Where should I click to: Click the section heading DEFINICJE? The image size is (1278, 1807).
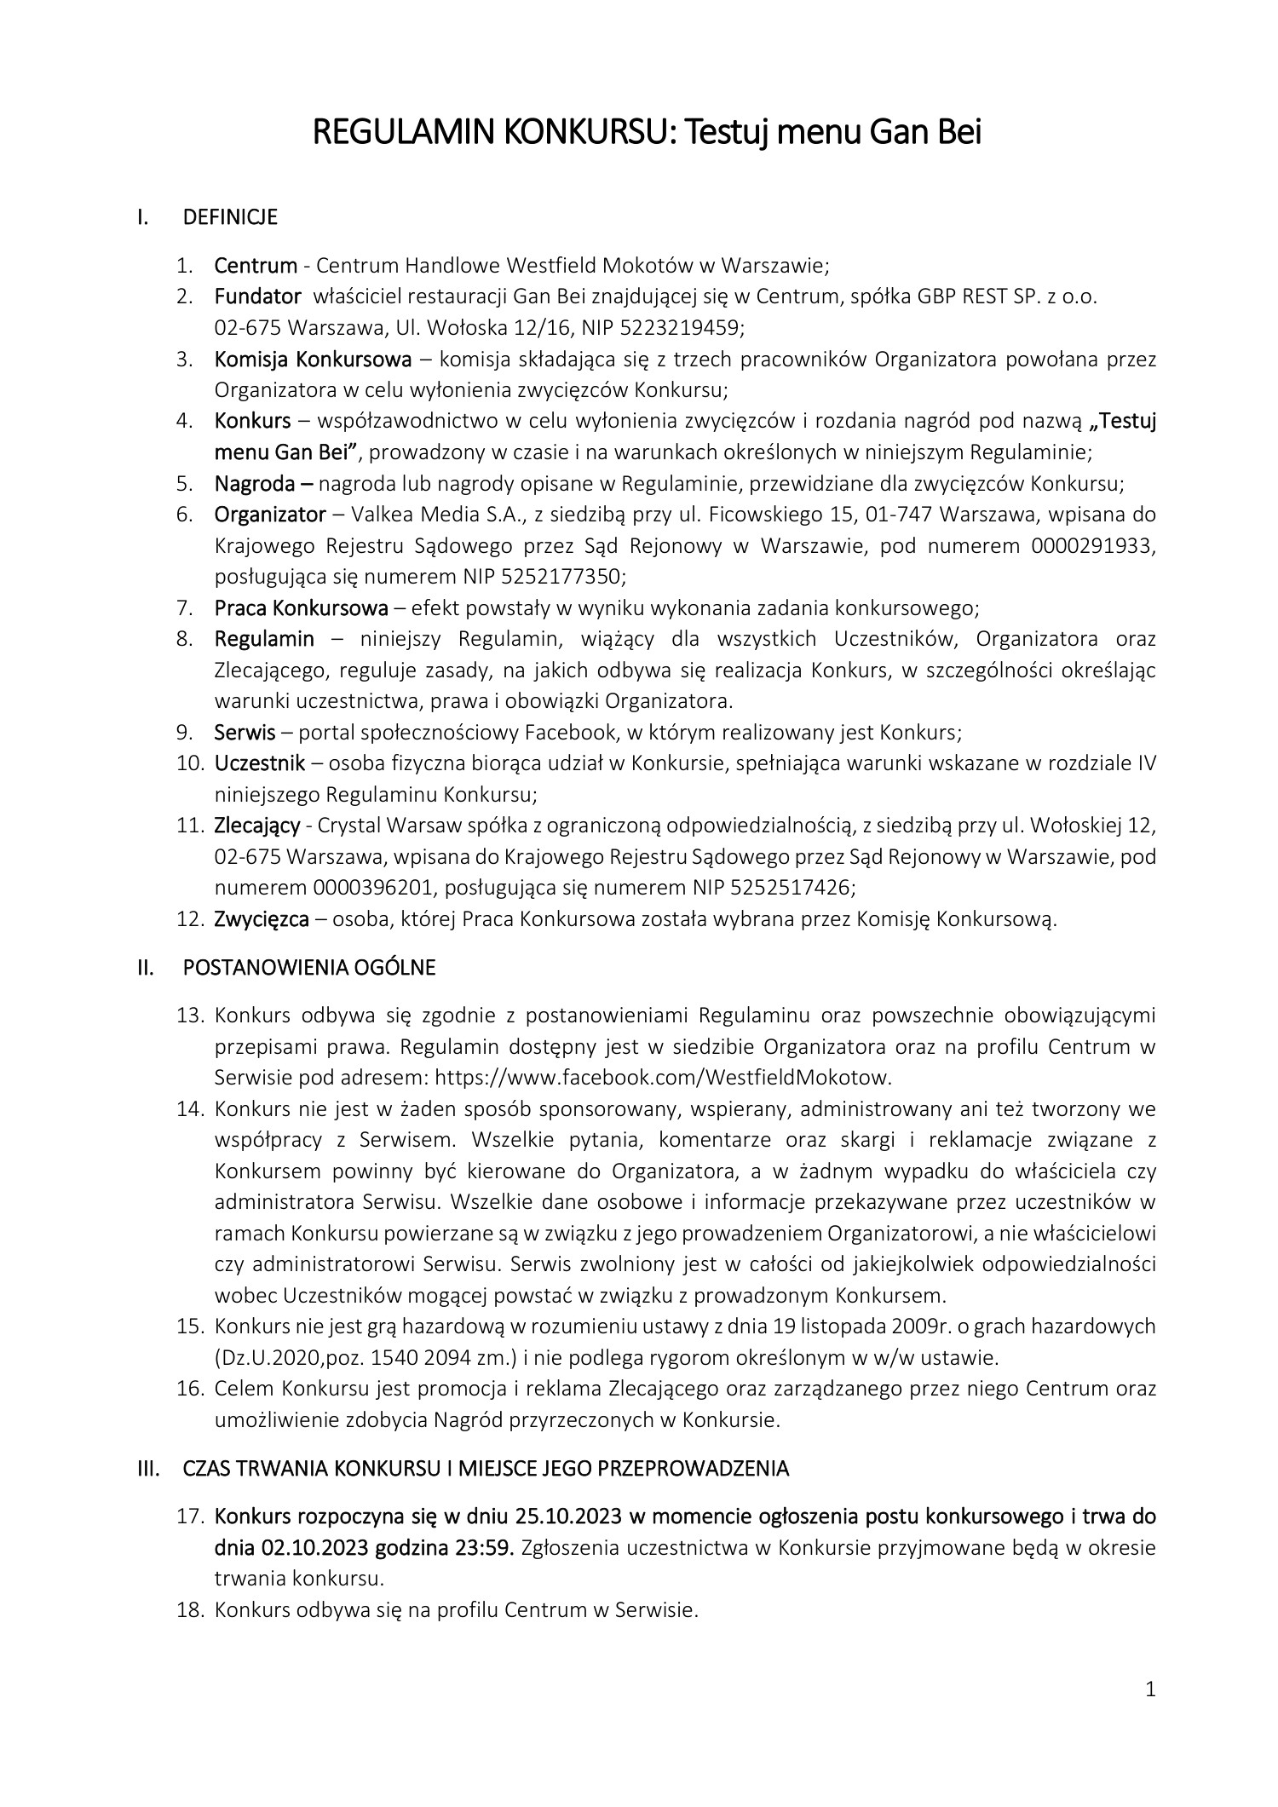pos(230,217)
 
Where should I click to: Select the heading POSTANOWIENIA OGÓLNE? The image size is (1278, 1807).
pos(309,968)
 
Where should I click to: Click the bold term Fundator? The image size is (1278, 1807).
pos(257,296)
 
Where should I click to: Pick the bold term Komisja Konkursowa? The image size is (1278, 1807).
pos(313,359)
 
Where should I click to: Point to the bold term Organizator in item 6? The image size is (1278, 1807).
pos(269,515)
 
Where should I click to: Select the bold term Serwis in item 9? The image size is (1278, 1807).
pos(245,732)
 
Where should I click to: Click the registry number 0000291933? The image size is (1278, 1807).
pos(1093,546)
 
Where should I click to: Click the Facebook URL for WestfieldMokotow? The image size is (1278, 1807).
pos(663,1077)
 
